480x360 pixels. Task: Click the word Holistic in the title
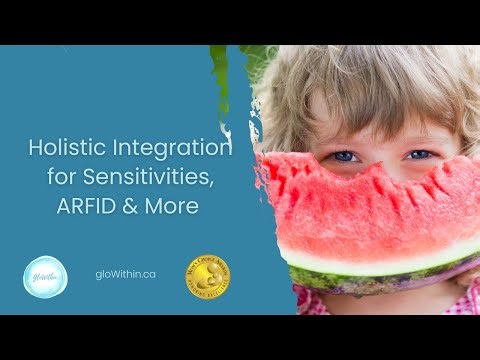coord(61,149)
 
